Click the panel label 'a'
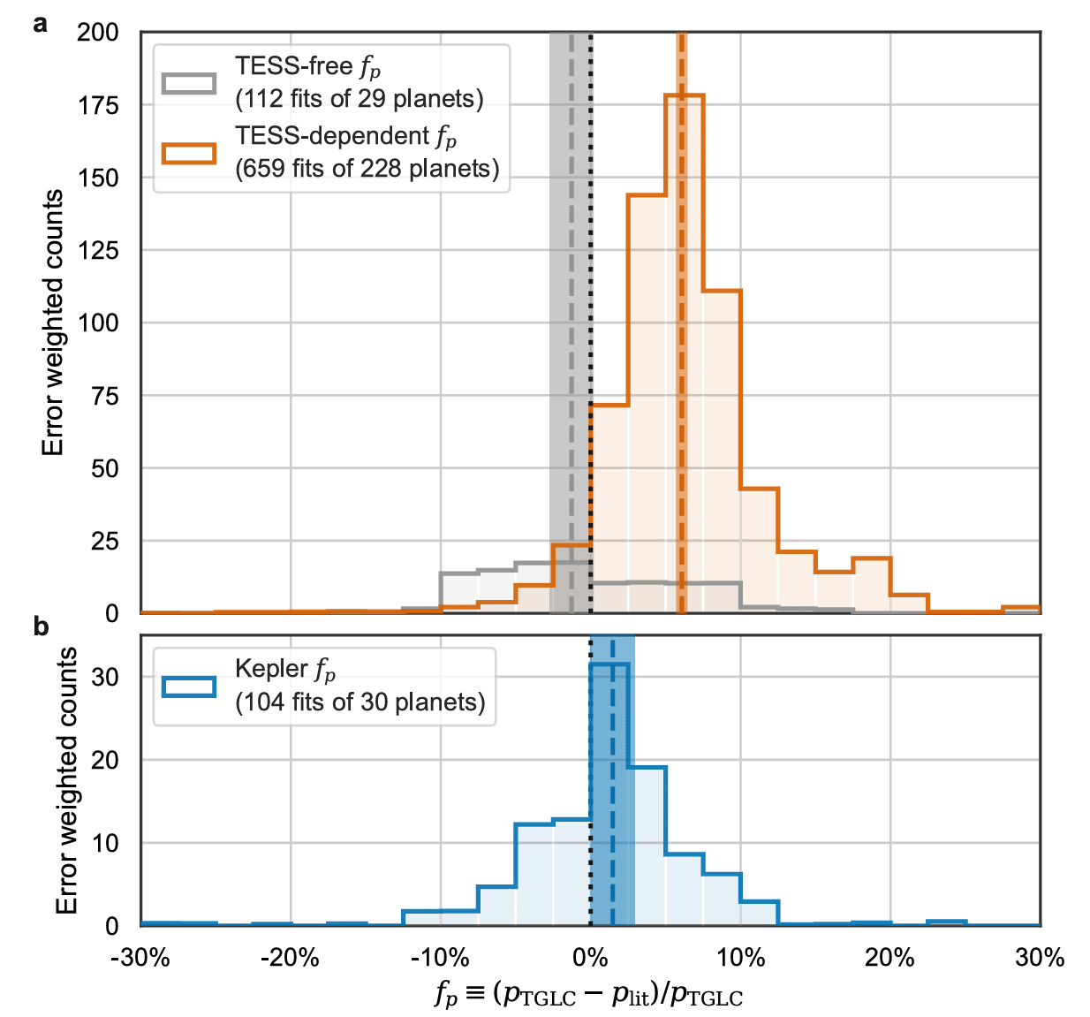40,24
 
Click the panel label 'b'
41,626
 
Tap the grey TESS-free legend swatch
189,83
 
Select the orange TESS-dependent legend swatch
189,153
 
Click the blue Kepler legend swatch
189,687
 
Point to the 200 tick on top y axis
98,33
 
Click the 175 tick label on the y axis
98,105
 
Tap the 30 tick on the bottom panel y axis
105,677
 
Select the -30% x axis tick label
140,958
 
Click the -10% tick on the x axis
440,958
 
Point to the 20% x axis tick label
889,958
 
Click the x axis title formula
588,995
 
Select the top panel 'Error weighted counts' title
53,323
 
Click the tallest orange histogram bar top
685,95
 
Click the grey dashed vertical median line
571,265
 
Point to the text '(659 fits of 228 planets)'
367,168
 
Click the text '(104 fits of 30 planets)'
360,702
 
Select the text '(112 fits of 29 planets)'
360,98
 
